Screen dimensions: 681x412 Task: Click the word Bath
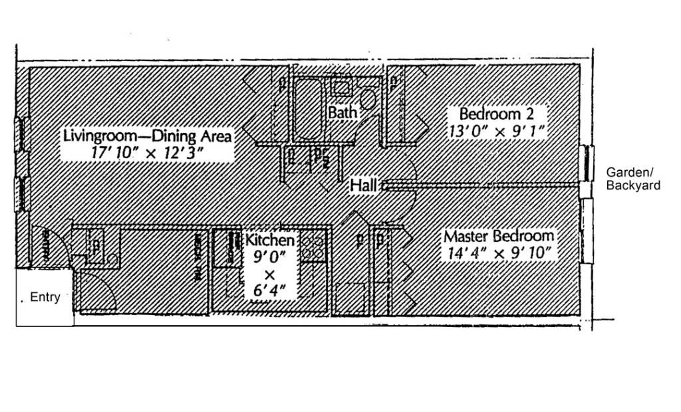point(343,112)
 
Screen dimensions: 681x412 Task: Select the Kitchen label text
point(269,240)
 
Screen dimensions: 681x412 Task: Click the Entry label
point(45,298)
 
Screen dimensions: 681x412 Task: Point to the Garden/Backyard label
point(633,179)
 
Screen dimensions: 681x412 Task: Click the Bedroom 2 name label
point(496,114)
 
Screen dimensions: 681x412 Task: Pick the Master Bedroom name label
point(499,236)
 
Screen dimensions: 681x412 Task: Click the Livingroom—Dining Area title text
point(148,136)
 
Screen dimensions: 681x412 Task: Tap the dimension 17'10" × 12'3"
point(147,153)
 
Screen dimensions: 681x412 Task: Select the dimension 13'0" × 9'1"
point(497,131)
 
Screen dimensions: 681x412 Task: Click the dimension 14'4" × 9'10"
point(499,253)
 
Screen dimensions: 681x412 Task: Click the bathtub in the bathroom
point(307,108)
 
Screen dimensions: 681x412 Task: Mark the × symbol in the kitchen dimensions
point(269,273)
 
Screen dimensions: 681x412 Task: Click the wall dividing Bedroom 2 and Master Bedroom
point(485,185)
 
